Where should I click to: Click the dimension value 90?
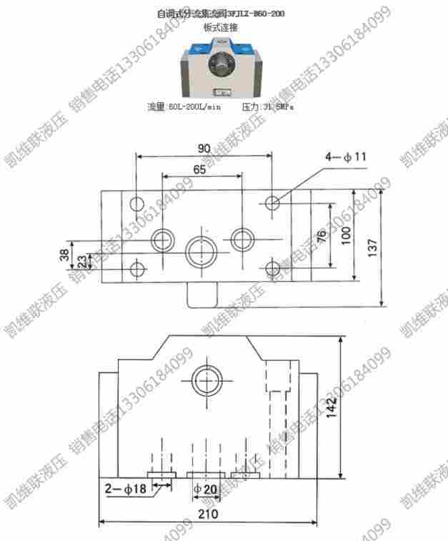pyautogui.click(x=204, y=148)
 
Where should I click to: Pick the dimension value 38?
pyautogui.click(x=64, y=254)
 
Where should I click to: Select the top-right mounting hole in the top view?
pyautogui.click(x=272, y=203)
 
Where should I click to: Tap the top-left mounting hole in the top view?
pyautogui.click(x=137, y=203)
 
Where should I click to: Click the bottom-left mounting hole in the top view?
pyautogui.click(x=137, y=270)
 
